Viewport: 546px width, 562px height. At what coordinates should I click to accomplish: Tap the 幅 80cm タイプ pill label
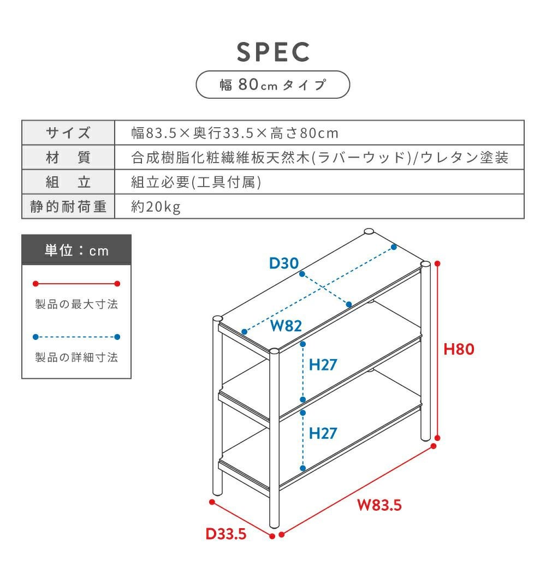coord(272,85)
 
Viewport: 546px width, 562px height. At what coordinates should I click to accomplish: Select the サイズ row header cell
coord(68,133)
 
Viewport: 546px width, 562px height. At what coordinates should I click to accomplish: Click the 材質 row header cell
coord(68,158)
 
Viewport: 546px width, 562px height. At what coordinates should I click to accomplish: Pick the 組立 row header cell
coord(68,182)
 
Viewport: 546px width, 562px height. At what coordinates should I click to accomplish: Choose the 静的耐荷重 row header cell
coord(68,207)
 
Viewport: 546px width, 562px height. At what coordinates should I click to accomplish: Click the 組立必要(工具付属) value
coord(196,182)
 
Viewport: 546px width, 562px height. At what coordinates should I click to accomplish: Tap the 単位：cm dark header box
coord(76,250)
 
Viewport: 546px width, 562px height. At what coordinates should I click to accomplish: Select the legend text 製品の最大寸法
coord(76,304)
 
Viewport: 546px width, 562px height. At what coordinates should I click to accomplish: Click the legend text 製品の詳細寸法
coord(76,358)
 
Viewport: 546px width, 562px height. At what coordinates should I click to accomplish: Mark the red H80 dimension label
coord(459,349)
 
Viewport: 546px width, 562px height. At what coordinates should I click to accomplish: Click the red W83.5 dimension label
coord(379,505)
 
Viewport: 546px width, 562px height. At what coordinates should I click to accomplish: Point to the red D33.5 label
coord(226,534)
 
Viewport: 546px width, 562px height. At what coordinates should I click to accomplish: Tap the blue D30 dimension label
coord(284,264)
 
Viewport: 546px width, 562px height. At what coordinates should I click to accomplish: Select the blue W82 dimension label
coord(286,326)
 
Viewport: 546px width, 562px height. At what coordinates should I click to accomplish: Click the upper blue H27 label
coord(323,364)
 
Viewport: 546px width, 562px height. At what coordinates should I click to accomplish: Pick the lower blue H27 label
coord(323,434)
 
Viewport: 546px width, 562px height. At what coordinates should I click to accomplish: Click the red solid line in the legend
coord(76,284)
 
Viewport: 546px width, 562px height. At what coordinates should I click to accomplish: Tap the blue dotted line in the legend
coord(76,337)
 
